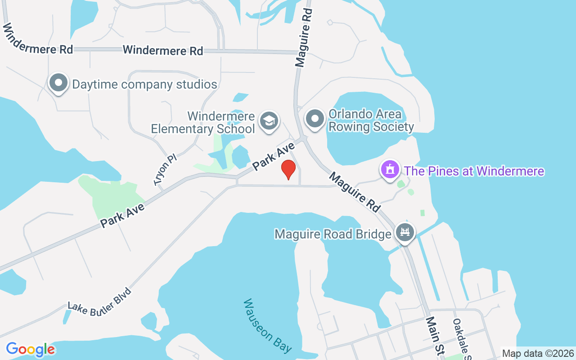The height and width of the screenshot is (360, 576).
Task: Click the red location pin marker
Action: pos(288,169)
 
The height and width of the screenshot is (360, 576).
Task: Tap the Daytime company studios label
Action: pos(144,84)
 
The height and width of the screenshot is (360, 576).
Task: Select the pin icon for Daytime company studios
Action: pos(58,83)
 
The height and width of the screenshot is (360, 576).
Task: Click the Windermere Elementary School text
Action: pos(203,122)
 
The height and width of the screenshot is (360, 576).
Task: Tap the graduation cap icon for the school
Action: pos(269,121)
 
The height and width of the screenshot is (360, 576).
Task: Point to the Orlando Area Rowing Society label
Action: pos(371,121)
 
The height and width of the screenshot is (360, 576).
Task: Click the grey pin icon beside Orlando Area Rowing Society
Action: pos(315,119)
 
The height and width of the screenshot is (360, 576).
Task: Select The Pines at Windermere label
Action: pos(474,171)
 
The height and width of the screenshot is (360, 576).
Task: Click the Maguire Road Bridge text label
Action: pos(333,234)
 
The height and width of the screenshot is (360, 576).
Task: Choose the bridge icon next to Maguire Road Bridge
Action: pos(405,233)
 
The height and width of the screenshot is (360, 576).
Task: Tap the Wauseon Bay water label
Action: pos(267,325)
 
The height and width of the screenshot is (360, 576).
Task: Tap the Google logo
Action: pos(31,349)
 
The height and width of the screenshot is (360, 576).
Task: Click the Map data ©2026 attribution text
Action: pos(538,353)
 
